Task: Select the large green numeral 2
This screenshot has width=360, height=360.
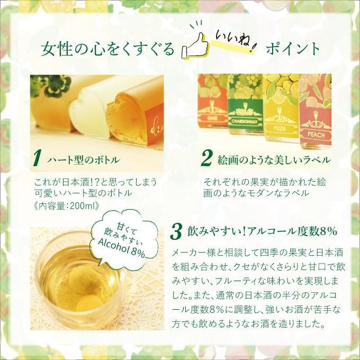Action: [x=207, y=158]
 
